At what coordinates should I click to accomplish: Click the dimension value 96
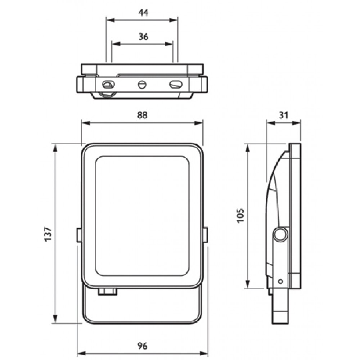(x=143, y=346)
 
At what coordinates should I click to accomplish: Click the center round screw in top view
(x=141, y=85)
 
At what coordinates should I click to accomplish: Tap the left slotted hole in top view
(x=108, y=85)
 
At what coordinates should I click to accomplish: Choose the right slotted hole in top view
(x=175, y=85)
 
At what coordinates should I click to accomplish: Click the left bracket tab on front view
(x=78, y=234)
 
